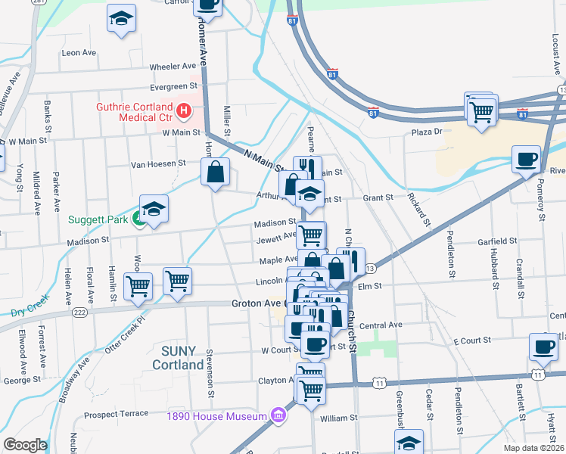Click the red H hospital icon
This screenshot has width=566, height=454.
tap(182, 113)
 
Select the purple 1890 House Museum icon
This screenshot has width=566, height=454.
tap(278, 415)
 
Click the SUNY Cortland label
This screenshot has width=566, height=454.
tap(179, 357)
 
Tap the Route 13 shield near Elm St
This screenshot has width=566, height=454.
tap(370, 269)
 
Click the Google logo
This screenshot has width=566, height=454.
tap(25, 445)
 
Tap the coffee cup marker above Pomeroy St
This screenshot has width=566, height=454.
tap(526, 160)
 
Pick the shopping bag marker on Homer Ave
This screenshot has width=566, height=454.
tap(216, 172)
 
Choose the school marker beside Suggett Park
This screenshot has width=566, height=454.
tap(154, 210)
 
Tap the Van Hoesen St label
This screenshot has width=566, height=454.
tap(158, 163)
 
